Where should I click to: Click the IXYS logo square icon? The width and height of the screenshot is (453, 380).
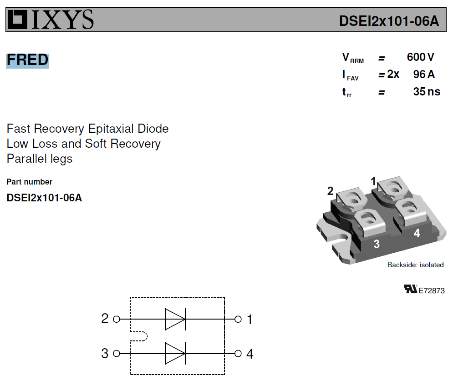point(17,20)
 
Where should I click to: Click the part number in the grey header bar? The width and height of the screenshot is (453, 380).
point(389,21)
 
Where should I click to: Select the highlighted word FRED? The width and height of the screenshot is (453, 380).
point(27,60)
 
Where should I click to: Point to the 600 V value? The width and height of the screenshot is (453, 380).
point(420,57)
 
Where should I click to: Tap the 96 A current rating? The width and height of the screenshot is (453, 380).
point(424,75)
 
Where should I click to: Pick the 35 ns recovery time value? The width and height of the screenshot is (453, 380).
point(427,92)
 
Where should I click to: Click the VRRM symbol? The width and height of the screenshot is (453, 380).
point(353,58)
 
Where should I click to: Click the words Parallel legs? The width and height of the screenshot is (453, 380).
point(40,159)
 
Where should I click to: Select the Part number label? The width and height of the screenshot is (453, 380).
point(30,182)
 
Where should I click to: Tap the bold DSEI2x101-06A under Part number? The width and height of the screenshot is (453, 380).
point(44,198)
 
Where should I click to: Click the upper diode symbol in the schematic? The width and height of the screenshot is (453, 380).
point(175,319)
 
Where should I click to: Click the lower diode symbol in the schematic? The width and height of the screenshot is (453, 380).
point(175,354)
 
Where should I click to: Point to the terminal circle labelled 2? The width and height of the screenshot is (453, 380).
point(117,319)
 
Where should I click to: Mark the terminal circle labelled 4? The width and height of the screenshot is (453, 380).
point(238,354)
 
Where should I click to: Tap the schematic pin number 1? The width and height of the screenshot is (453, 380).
point(249,320)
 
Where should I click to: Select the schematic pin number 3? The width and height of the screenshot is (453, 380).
point(105,354)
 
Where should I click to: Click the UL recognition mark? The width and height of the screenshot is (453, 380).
point(411,289)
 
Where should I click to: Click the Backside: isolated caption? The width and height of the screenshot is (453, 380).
point(416,265)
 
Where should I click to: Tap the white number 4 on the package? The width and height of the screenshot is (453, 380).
point(417,233)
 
